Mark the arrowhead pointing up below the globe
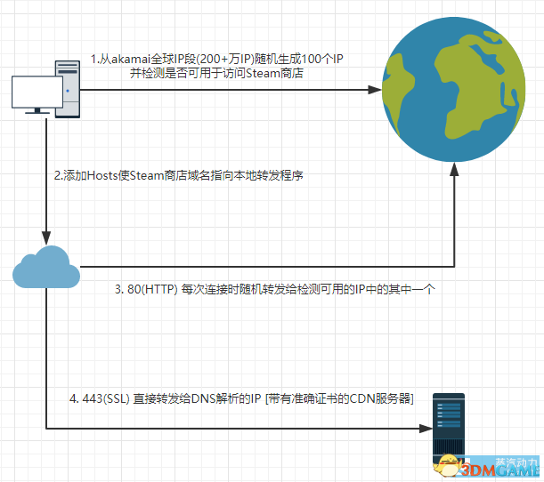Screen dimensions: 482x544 click(455, 179)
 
